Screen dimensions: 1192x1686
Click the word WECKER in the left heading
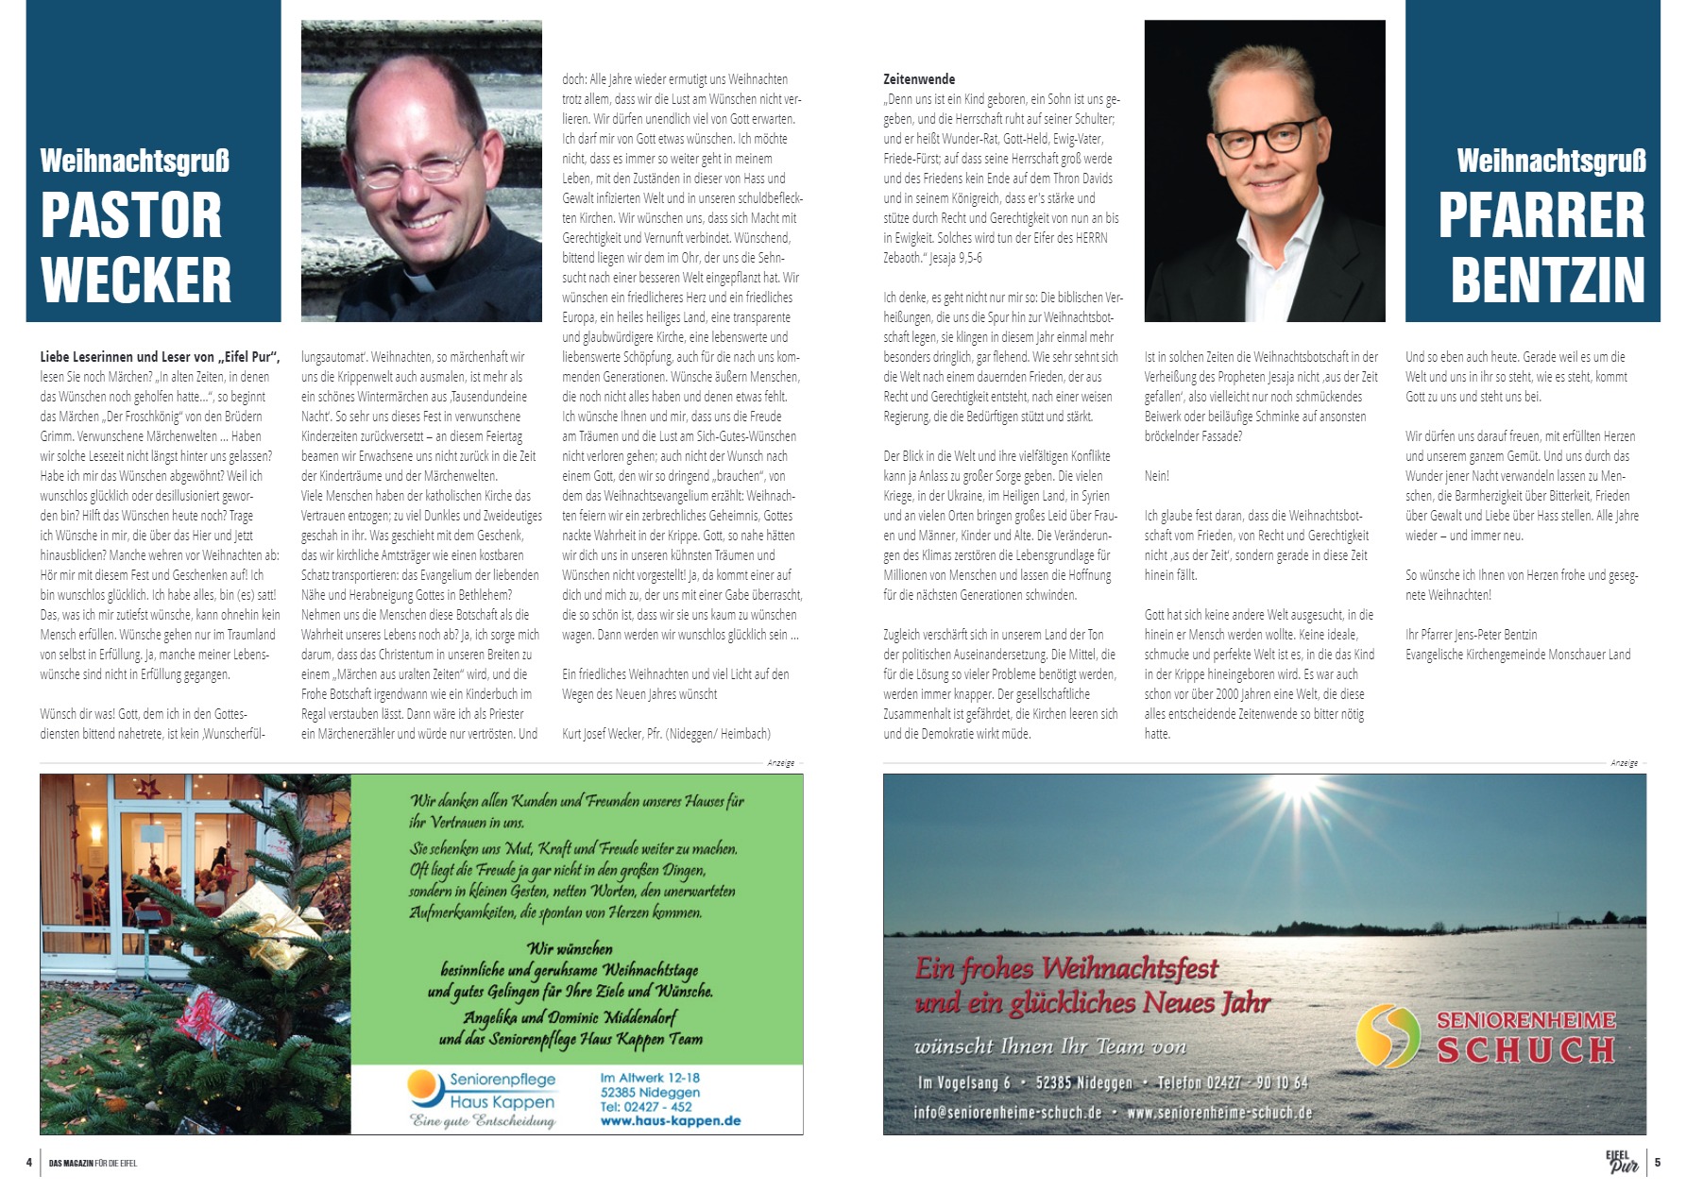(x=136, y=279)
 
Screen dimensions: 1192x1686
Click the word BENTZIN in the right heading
(x=1547, y=279)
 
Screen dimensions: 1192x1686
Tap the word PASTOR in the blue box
(x=131, y=215)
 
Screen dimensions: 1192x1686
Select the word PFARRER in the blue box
(x=1541, y=215)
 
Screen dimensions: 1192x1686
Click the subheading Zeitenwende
(x=919, y=79)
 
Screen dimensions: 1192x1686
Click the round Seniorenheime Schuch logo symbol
(x=1388, y=1036)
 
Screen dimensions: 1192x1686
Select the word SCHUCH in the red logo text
(x=1525, y=1049)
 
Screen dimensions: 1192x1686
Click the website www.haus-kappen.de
(x=670, y=1121)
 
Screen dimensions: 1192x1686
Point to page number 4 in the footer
(x=29, y=1163)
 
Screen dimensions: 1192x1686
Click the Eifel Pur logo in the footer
(x=1622, y=1162)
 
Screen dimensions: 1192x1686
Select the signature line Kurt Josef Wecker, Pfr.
(x=666, y=734)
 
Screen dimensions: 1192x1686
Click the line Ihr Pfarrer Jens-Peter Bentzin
(x=1471, y=635)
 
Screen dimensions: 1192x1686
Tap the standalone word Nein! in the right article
(x=1156, y=476)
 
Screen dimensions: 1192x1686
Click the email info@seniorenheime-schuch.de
(x=1008, y=1113)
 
